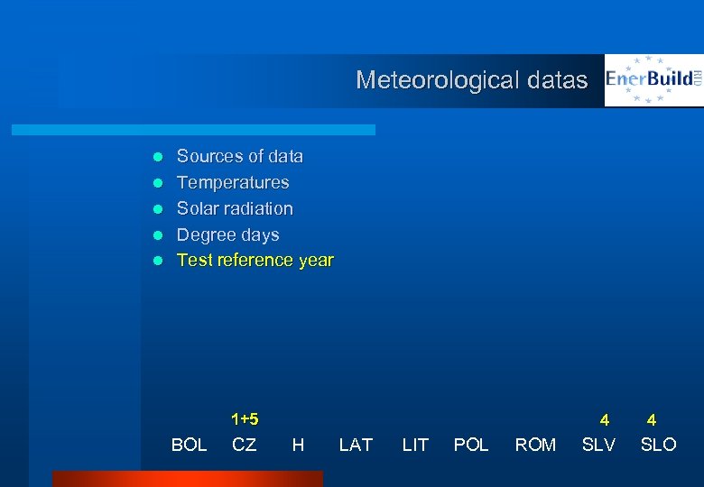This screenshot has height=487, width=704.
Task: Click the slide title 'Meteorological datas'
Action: coord(471,80)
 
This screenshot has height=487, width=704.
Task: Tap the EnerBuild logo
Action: coord(653,80)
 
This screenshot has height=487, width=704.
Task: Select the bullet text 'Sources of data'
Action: coord(239,157)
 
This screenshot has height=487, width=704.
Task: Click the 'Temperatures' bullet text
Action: coord(233,183)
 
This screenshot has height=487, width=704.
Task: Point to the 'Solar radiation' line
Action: coord(235,209)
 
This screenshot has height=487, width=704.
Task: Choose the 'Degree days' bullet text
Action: coord(227,235)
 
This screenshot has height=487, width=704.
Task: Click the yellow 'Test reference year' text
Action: coord(255,261)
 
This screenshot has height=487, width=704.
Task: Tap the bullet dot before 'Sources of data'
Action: coord(156,157)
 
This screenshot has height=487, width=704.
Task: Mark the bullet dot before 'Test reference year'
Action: coord(156,262)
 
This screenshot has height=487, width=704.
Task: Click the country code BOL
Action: coord(189,445)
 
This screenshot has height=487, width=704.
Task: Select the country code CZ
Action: coord(244,445)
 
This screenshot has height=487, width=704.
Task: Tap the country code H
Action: coord(298,445)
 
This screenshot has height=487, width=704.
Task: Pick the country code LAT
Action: coord(356,445)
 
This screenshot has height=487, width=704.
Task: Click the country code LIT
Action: coord(415,445)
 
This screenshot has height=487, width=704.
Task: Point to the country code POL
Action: coord(471,445)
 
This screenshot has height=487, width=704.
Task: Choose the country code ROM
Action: coord(535,445)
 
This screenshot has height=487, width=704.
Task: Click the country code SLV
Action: coord(598,445)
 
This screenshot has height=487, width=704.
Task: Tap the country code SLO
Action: coord(658,445)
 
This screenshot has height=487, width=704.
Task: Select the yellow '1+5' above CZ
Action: coord(245,419)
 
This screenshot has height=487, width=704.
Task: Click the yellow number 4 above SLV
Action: coord(605,420)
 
